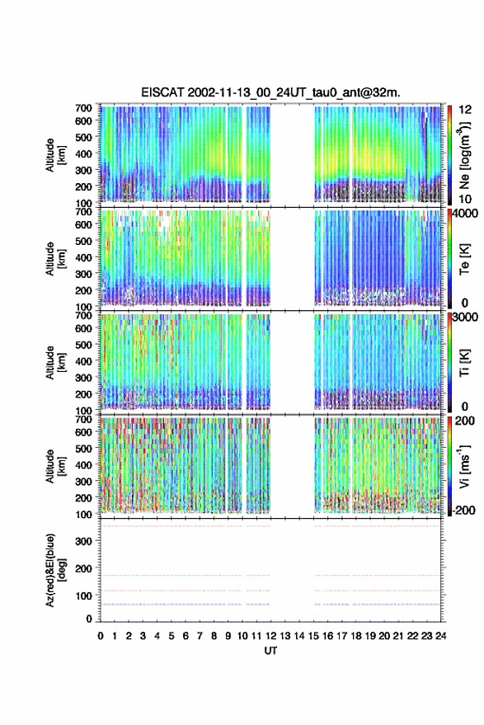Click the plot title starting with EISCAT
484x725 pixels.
270,92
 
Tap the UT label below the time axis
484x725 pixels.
270,651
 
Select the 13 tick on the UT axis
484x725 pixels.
284,636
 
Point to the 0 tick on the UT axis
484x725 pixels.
101,636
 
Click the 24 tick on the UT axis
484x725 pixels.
440,636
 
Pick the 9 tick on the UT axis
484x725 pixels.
228,636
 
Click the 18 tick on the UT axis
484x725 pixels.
355,636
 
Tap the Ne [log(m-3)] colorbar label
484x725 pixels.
464,155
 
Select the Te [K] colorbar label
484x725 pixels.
464,259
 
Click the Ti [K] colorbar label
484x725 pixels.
464,363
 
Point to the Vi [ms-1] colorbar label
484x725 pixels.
464,466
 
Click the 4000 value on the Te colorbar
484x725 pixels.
466,214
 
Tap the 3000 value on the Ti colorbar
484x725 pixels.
466,318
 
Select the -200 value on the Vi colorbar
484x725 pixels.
463,510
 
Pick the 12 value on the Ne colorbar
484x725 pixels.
465,110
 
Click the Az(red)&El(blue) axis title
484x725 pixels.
55,570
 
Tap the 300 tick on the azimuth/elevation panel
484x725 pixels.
83,541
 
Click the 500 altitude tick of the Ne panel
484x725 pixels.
83,137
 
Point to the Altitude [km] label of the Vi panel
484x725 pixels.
55,466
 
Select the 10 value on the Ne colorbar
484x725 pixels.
465,200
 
